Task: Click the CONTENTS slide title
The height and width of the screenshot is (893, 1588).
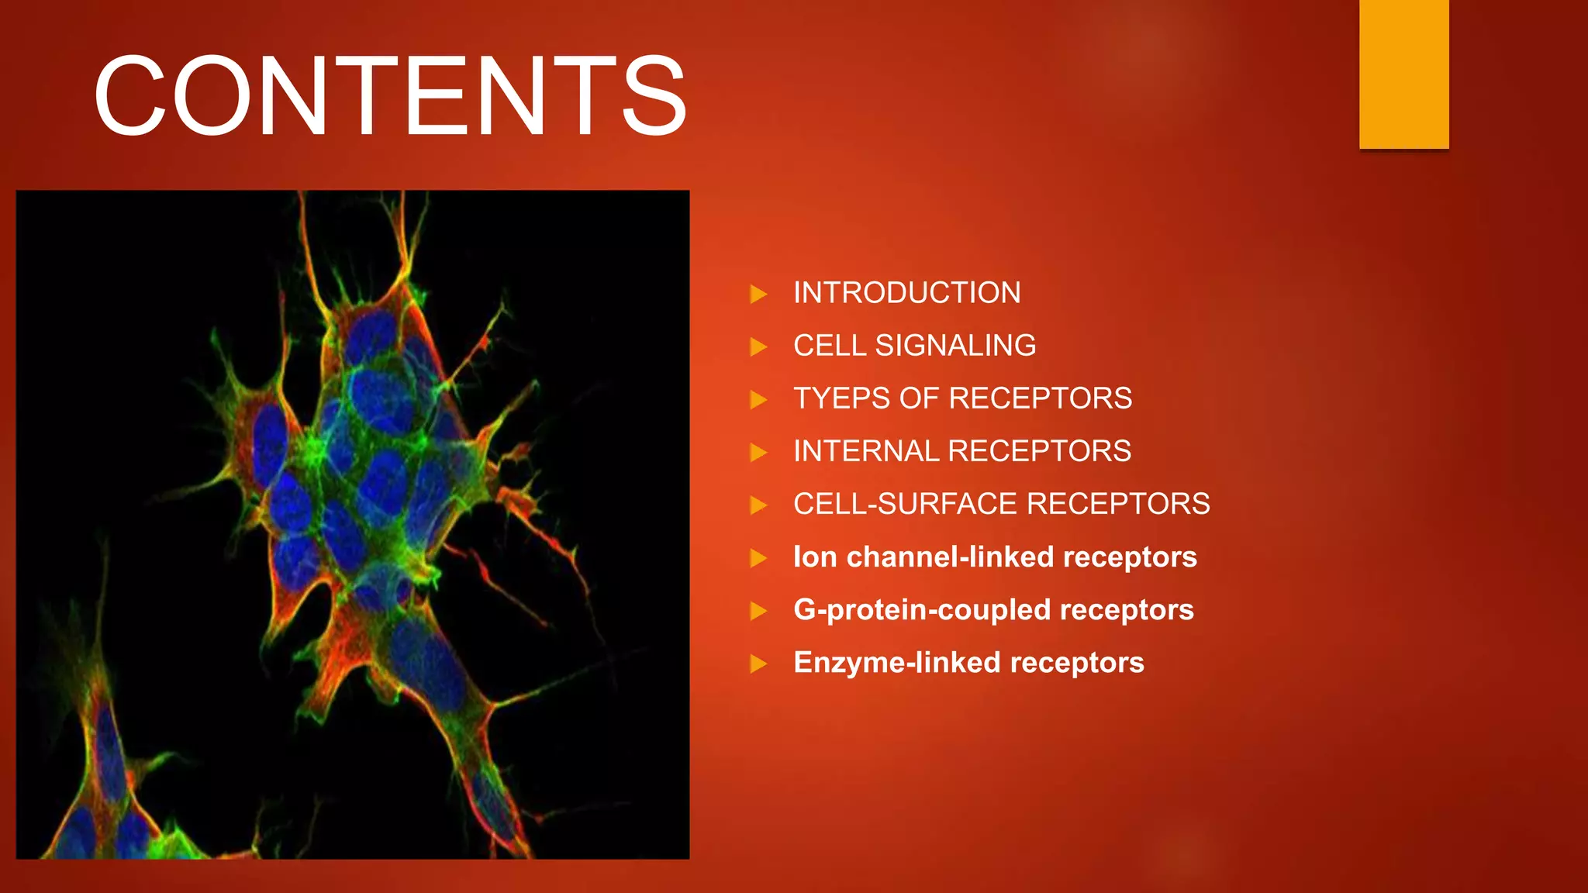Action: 390,96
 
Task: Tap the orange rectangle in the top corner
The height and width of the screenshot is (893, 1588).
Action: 1403,74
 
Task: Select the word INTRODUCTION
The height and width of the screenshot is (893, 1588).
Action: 906,293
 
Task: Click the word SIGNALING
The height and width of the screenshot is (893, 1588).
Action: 955,346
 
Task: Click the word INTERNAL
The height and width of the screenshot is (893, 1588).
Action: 866,451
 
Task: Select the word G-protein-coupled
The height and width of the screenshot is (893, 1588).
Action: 922,610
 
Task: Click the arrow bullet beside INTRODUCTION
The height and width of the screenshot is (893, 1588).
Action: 758,294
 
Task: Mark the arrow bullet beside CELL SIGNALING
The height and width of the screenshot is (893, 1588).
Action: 758,347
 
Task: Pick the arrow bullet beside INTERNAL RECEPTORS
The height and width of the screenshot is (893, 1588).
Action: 758,452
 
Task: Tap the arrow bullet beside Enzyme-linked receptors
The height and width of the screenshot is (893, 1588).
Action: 758,664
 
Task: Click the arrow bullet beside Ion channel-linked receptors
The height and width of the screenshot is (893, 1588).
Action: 758,558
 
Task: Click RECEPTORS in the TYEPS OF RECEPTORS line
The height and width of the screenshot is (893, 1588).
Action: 1040,398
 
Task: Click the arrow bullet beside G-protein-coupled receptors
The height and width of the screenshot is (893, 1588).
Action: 758,611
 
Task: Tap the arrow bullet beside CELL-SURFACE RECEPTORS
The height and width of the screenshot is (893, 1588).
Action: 758,505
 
